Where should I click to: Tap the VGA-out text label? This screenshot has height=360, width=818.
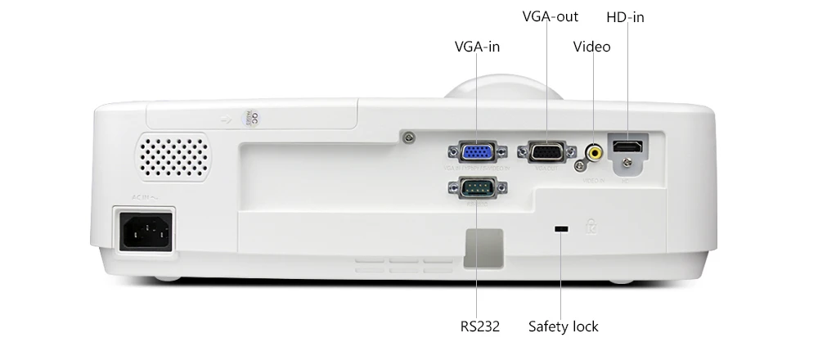[x=551, y=16]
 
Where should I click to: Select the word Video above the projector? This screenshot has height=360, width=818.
[x=591, y=47]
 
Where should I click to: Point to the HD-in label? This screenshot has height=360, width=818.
[x=625, y=16]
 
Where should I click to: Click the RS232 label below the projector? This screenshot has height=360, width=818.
[x=480, y=326]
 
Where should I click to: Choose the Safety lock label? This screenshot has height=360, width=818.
[x=563, y=326]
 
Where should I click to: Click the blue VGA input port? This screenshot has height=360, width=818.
[x=477, y=151]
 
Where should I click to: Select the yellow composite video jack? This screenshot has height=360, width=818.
[x=595, y=151]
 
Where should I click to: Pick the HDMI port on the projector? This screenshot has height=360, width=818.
[x=627, y=147]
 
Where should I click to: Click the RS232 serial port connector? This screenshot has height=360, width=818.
[x=477, y=187]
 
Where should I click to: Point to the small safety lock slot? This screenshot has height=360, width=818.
[x=561, y=228]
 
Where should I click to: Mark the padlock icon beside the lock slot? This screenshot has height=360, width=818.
[x=591, y=227]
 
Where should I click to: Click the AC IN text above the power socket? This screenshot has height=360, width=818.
[x=142, y=197]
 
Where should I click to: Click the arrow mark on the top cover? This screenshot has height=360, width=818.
[x=227, y=119]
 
